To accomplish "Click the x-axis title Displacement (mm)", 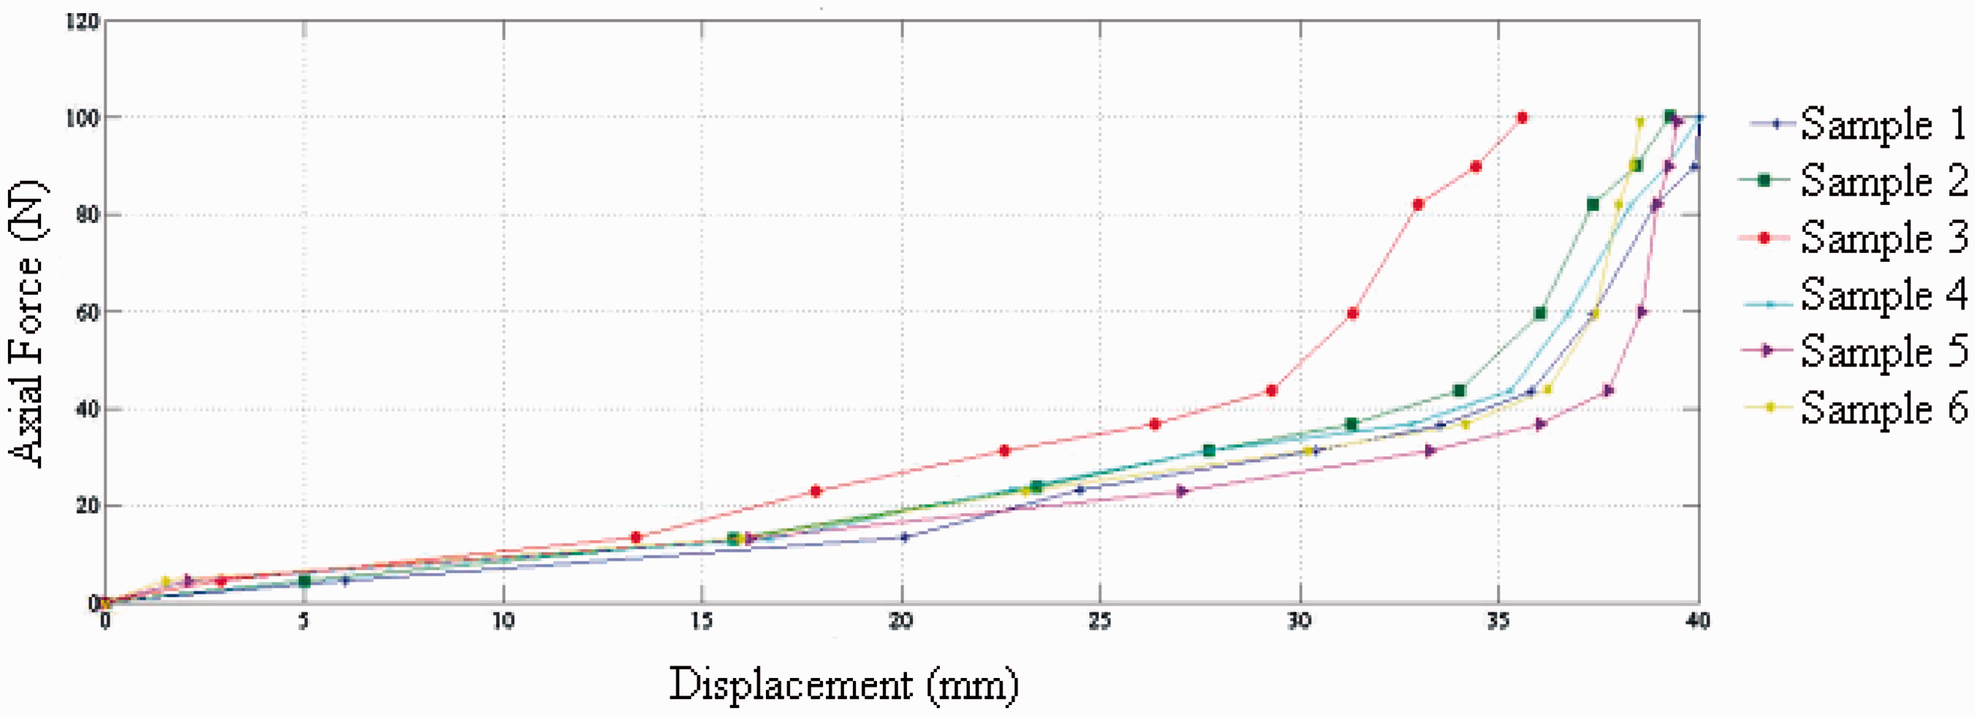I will tap(843, 684).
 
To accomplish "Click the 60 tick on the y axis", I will tap(87, 312).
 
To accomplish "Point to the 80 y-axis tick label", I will tap(87, 214).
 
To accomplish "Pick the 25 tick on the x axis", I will tap(1100, 621).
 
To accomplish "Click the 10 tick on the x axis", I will tap(503, 621).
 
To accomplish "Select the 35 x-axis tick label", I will tap(1498, 621).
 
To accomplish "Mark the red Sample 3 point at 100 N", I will tap(1522, 117).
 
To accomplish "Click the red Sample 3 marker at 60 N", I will tap(1353, 313).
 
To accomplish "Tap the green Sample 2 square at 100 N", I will tap(1670, 116).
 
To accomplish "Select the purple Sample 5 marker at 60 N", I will tap(1641, 312).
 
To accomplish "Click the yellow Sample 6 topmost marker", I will tap(1640, 122).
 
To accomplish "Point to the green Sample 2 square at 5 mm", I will tap(304, 581).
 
